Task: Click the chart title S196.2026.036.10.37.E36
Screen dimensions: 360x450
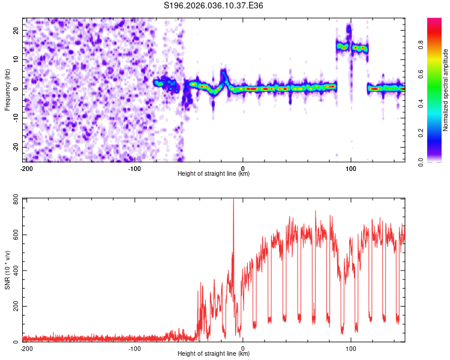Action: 214,5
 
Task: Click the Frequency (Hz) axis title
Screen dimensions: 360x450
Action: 7,89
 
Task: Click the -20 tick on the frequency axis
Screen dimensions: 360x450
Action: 14,147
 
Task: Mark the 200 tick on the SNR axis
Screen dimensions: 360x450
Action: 14,307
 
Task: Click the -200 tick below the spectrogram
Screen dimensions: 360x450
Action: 26,168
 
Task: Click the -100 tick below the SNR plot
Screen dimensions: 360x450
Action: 134,348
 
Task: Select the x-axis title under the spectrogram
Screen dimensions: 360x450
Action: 214,174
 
